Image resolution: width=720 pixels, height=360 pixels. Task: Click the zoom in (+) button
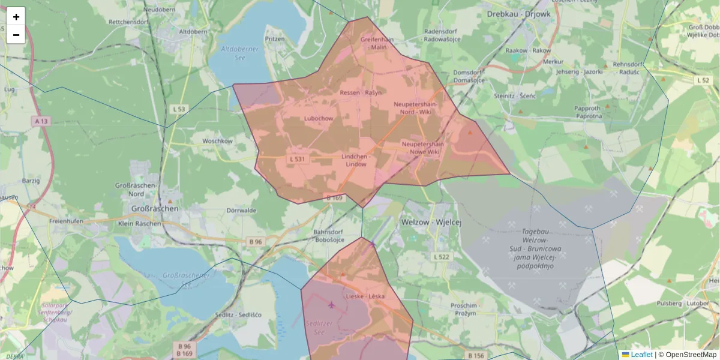click(x=16, y=16)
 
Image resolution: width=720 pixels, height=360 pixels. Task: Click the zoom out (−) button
click(x=16, y=35)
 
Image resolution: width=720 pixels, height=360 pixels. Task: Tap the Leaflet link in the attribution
click(x=641, y=355)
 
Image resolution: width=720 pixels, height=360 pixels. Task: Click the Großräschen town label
click(x=154, y=208)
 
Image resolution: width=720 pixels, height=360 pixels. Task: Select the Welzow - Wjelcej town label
click(x=430, y=222)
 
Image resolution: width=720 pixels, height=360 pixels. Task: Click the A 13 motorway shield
click(x=41, y=121)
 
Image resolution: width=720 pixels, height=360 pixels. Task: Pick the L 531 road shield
click(x=297, y=159)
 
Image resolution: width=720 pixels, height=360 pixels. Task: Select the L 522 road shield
click(x=441, y=257)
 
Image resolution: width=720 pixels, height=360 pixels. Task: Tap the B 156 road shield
click(x=475, y=356)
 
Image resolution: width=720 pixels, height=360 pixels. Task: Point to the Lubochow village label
click(x=319, y=118)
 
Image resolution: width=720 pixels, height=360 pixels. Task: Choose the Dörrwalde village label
click(x=242, y=211)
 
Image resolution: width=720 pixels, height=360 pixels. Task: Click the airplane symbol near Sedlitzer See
click(x=331, y=305)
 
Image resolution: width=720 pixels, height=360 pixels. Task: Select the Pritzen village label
click(x=275, y=38)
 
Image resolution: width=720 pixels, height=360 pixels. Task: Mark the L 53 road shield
click(x=179, y=109)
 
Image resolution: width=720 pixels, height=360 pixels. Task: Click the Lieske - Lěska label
click(x=365, y=296)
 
